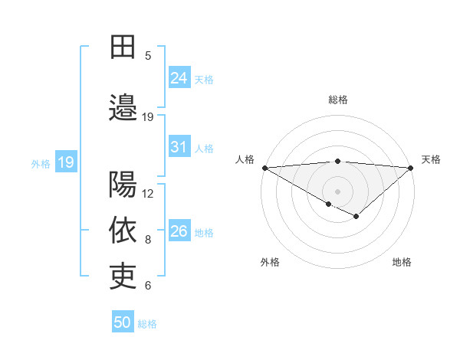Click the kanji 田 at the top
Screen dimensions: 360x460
[123, 47]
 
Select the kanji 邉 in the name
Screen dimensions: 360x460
[123, 106]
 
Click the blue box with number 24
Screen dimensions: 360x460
[179, 77]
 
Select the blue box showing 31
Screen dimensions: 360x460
[179, 147]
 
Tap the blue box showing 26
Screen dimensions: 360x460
[179, 231]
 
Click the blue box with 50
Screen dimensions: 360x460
[123, 322]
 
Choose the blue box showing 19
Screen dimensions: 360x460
[66, 162]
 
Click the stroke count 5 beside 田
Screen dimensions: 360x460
[148, 55]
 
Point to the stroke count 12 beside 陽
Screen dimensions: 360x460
[148, 193]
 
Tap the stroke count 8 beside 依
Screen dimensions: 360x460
[148, 240]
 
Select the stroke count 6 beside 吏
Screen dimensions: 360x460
[148, 286]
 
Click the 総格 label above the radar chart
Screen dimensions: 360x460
[337, 100]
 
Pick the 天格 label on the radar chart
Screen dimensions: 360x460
[431, 159]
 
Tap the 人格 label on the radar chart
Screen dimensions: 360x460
[245, 159]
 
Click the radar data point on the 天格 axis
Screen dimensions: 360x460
[412, 168]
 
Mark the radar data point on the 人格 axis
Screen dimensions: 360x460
[264, 168]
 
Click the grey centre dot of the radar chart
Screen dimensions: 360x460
[337, 191]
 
